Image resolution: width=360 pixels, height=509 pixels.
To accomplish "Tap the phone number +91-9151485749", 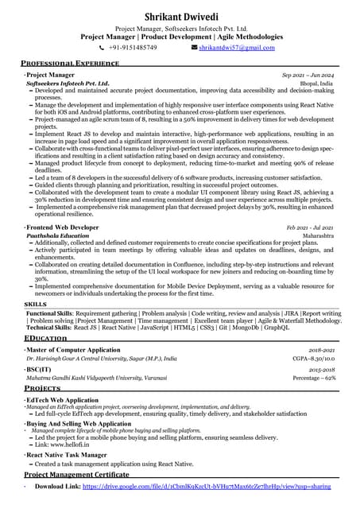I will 133,48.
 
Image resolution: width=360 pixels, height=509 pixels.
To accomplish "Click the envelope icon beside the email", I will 194,48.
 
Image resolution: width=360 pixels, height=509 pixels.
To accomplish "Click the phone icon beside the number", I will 102,48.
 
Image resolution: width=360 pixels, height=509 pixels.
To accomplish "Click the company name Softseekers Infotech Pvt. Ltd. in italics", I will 68,83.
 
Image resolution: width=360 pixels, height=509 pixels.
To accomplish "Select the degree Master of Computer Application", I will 73,350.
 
